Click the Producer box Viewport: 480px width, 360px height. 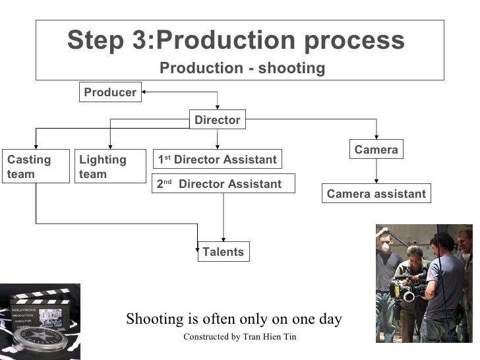click(110, 93)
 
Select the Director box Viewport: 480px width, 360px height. click(217, 120)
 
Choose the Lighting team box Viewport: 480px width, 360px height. click(109, 167)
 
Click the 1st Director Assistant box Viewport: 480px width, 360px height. click(217, 160)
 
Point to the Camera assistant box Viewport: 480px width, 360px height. click(376, 195)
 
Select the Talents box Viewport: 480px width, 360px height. click(223, 252)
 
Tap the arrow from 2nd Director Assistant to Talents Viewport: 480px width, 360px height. click(224, 218)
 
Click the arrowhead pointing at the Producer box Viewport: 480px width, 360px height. click(144, 92)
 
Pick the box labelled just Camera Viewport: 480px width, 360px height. click(376, 150)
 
